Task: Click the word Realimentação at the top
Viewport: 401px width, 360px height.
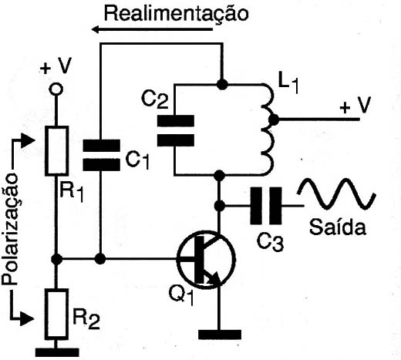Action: click(x=177, y=14)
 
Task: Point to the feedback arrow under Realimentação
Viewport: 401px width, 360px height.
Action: click(x=152, y=29)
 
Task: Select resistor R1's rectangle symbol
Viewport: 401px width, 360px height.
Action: click(x=57, y=151)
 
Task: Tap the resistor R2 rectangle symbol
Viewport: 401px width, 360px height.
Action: click(x=56, y=314)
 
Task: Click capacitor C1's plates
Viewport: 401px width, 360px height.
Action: click(x=101, y=155)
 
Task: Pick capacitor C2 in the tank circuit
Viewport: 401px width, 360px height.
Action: click(x=176, y=131)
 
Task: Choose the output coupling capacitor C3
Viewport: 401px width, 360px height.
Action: click(x=266, y=206)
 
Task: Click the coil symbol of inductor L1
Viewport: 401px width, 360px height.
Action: click(x=268, y=130)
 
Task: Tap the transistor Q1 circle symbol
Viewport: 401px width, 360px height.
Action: click(x=206, y=260)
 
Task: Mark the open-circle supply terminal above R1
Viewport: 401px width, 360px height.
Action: click(x=56, y=89)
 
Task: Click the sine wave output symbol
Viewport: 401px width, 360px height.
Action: click(x=337, y=193)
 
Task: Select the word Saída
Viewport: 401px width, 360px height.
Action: click(x=338, y=227)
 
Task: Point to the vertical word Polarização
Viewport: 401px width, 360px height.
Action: click(x=10, y=229)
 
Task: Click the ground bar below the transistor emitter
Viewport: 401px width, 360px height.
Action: click(x=220, y=335)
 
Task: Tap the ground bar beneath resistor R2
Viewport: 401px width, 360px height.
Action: click(x=57, y=352)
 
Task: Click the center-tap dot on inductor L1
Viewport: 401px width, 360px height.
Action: click(x=274, y=119)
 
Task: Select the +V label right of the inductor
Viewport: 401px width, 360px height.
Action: click(x=356, y=105)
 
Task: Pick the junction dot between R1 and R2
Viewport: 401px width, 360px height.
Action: click(x=56, y=259)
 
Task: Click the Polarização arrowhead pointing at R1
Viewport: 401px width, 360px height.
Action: click(x=28, y=140)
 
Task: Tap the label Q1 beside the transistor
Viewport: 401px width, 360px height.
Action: click(x=181, y=296)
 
